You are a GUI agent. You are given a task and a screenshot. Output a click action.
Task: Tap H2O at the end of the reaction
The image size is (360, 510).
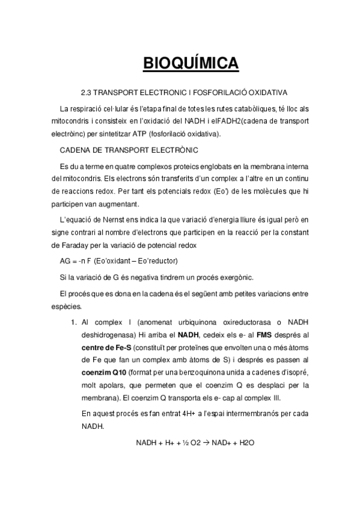(x=248, y=443)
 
